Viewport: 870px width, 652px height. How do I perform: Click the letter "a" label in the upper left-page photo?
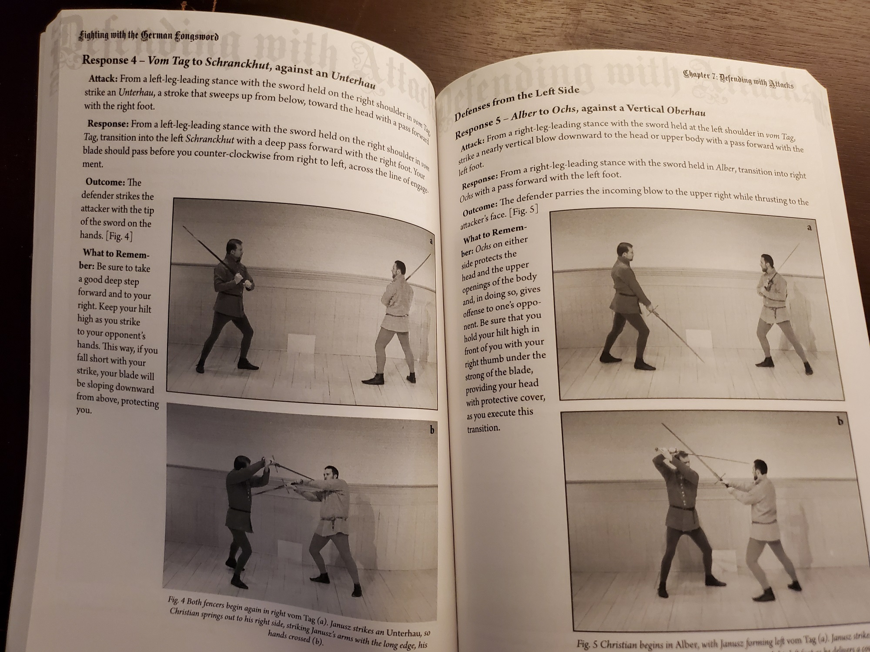[431, 241]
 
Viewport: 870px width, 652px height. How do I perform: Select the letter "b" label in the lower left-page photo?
[432, 430]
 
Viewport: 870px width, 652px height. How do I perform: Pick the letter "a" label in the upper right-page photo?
[809, 227]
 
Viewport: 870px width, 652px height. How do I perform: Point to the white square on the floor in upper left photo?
[301, 346]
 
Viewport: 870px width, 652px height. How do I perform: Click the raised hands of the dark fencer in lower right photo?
[664, 452]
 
